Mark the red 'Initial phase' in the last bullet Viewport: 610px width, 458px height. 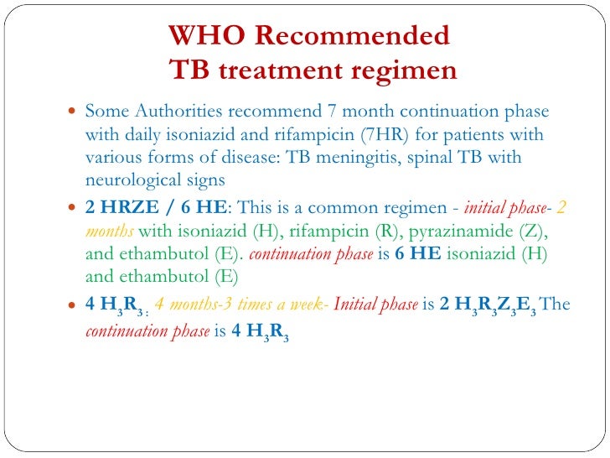tap(375, 304)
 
